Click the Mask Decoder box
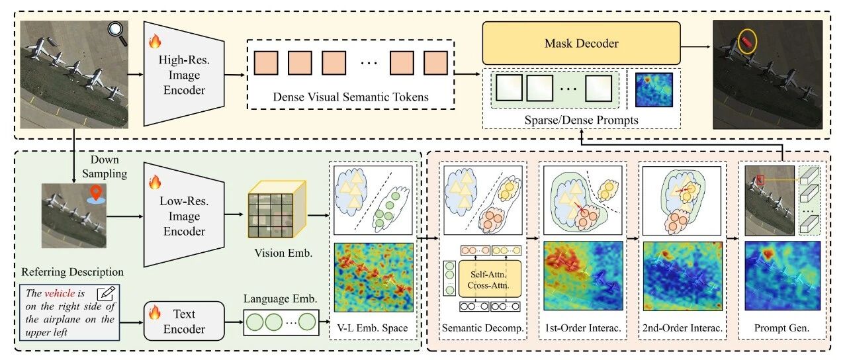pos(581,43)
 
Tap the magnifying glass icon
pos(117,33)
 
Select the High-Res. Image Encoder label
pos(184,75)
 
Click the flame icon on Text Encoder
pos(155,312)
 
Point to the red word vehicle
pos(60,293)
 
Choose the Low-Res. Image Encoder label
pos(184,216)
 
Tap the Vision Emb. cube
pos(277,209)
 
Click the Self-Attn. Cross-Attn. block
pos(490,279)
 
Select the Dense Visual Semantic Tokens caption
pos(351,97)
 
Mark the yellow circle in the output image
pos(747,41)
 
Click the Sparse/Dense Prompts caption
pos(581,120)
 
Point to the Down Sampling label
pos(105,166)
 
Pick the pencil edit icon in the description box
pos(107,293)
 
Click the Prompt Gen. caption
pos(781,328)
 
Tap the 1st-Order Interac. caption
pos(583,328)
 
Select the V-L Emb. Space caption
pos(373,328)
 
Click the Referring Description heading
pos(72,272)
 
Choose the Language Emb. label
pos(280,298)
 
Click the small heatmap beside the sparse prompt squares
pos(654,89)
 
